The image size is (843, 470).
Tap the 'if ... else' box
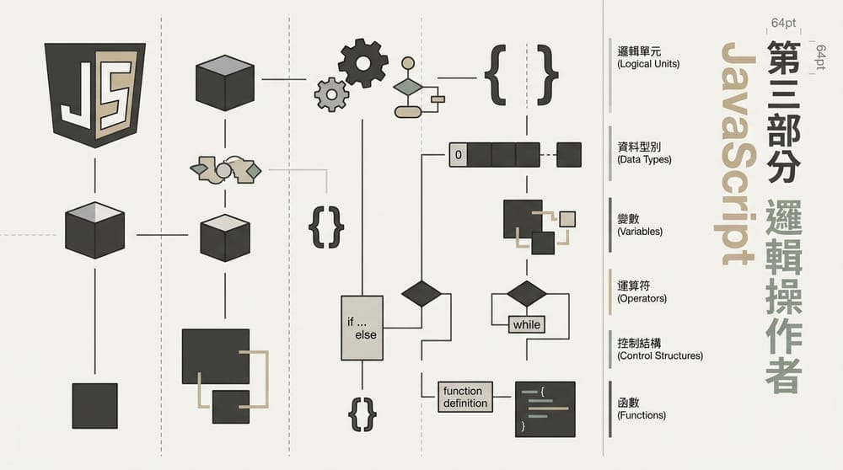coord(362,328)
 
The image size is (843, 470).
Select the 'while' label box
coord(527,324)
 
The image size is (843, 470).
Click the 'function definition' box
coord(464,397)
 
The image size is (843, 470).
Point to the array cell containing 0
coord(458,155)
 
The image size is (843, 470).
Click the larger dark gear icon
coord(363,62)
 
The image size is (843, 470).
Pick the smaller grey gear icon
coord(331,94)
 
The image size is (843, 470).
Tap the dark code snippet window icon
coord(545,409)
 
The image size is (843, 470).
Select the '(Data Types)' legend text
coord(644,158)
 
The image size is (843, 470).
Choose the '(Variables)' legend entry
coord(639,231)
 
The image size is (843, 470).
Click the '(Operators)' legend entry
coord(642,298)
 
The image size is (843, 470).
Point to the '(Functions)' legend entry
coord(641,414)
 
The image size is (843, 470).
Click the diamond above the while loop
coord(527,293)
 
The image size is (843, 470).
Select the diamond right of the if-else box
coord(421,293)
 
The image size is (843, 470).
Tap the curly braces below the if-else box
coord(361,414)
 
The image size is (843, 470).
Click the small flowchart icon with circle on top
coord(411,87)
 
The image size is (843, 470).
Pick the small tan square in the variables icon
coord(567,219)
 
